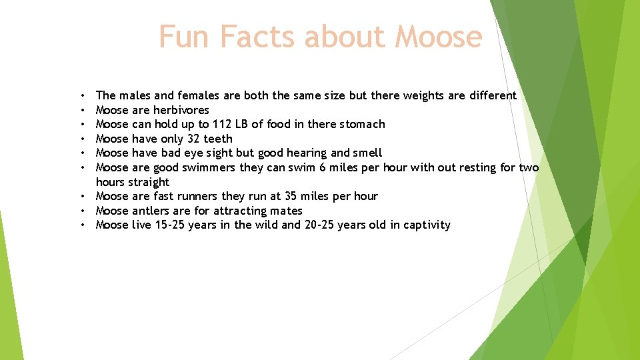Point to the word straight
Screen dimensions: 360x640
point(151,182)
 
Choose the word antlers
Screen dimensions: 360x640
point(154,211)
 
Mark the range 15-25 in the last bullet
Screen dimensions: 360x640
point(169,225)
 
